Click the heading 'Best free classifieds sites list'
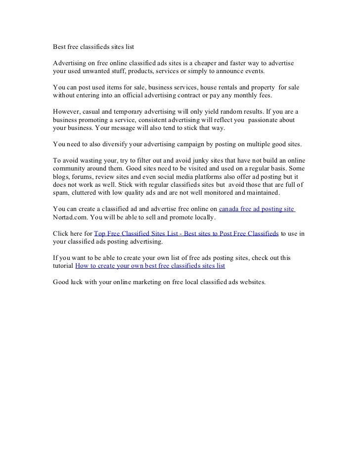[x=93, y=48]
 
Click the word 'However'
[x=66, y=112]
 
